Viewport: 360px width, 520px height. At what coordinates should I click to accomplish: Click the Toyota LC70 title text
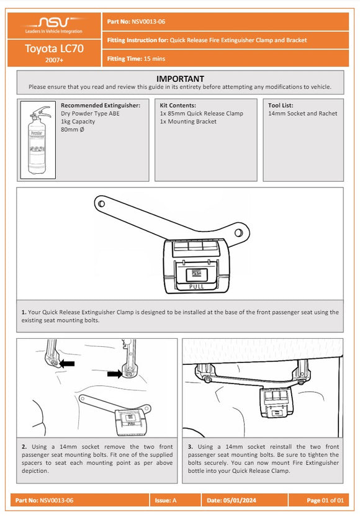coord(54,48)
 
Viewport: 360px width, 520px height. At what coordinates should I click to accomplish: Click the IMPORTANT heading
coord(180,79)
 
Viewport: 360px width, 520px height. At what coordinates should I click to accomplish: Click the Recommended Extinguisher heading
coord(105,105)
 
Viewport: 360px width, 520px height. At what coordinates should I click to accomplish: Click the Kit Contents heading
coord(178,105)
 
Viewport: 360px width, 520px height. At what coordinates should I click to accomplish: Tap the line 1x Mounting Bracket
coord(188,122)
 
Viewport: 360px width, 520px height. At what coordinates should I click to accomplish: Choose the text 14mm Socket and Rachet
coord(302,114)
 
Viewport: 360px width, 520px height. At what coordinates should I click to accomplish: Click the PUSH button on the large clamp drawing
coord(196,273)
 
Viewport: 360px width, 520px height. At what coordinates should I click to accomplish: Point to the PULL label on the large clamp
coord(196,287)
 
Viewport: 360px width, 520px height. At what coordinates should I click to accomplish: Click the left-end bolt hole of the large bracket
coord(100,202)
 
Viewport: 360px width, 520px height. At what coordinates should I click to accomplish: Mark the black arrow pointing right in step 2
coord(115,374)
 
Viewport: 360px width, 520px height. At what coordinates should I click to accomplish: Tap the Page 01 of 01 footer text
coord(325,500)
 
